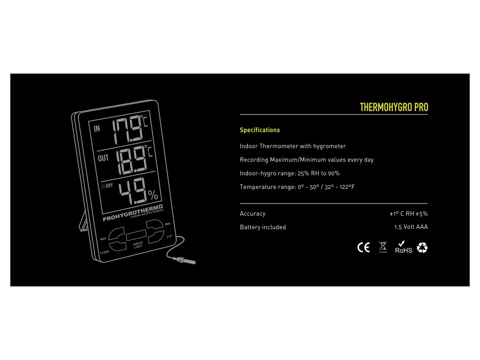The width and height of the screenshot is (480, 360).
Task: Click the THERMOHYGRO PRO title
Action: click(394, 107)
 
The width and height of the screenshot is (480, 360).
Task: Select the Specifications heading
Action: click(260, 130)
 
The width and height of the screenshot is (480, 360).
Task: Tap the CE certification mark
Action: click(363, 248)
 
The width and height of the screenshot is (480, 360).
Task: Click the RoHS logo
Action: click(403, 247)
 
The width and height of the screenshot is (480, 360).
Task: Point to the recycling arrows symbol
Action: click(422, 247)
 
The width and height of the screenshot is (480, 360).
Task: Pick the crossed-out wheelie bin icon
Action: click(383, 247)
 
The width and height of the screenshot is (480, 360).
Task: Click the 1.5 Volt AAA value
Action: click(411, 227)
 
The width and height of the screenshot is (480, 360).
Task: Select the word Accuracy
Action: click(253, 213)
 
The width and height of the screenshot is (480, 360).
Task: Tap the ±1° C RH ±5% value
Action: click(408, 213)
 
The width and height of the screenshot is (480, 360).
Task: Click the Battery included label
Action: click(262, 227)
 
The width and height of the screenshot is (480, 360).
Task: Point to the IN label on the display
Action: click(97, 129)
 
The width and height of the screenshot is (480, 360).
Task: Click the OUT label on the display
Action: click(103, 158)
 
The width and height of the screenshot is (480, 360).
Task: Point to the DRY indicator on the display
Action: click(107, 186)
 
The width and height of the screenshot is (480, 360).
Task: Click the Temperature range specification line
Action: click(297, 187)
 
